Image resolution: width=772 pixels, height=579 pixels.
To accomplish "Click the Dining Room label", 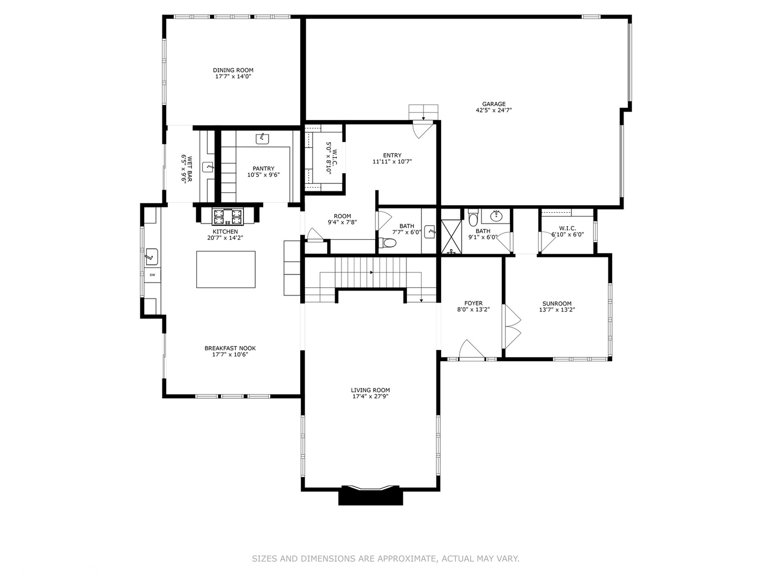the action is pyautogui.click(x=233, y=70).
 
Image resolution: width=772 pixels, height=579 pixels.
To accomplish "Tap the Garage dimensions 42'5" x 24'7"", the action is pyautogui.click(x=493, y=110).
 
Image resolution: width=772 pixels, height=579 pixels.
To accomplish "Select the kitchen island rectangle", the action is pyautogui.click(x=226, y=269).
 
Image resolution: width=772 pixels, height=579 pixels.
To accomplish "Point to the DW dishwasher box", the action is pyautogui.click(x=152, y=275).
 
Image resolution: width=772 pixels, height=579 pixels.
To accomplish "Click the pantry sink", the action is pyautogui.click(x=262, y=138).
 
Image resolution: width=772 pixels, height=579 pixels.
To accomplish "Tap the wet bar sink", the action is pyautogui.click(x=208, y=167).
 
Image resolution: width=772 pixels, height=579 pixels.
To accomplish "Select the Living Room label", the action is pyautogui.click(x=370, y=390).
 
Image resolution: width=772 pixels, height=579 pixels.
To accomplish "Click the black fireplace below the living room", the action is pyautogui.click(x=370, y=496).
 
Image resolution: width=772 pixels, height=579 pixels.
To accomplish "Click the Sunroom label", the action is pyautogui.click(x=557, y=303).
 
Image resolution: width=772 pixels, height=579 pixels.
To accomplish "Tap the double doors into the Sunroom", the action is pyautogui.click(x=513, y=326).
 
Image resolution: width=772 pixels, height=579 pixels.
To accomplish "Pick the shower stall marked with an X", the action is pyautogui.click(x=451, y=236).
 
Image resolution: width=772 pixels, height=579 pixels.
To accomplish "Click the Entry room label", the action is pyautogui.click(x=392, y=155).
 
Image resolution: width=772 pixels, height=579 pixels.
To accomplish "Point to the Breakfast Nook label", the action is pyautogui.click(x=230, y=348).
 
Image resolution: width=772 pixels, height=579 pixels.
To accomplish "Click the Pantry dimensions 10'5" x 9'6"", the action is pyautogui.click(x=263, y=175).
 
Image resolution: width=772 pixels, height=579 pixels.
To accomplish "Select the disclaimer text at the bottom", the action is pyautogui.click(x=385, y=559).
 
